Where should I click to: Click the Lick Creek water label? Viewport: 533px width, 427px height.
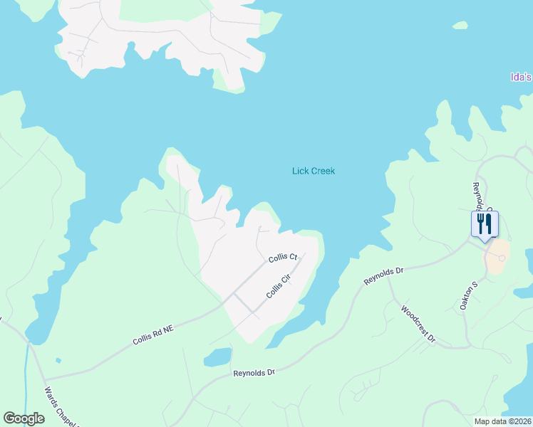pos(314,171)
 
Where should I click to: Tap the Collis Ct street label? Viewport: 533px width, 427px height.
pos(282,258)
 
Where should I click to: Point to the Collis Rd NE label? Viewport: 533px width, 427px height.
pos(153,332)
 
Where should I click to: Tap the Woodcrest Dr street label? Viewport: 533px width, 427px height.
pos(418,325)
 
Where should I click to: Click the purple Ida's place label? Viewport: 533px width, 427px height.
pos(522,77)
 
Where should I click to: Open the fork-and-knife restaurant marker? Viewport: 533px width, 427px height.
pos(485,224)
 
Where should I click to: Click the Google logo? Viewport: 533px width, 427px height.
pos(24,418)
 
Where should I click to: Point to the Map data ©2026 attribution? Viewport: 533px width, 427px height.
pos(502,421)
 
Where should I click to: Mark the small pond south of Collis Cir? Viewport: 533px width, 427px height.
pos(218,356)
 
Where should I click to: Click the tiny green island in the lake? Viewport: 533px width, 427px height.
pos(460,26)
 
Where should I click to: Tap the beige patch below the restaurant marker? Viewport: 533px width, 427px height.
pos(497,256)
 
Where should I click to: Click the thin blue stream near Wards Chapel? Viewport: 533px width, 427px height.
pos(27,377)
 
